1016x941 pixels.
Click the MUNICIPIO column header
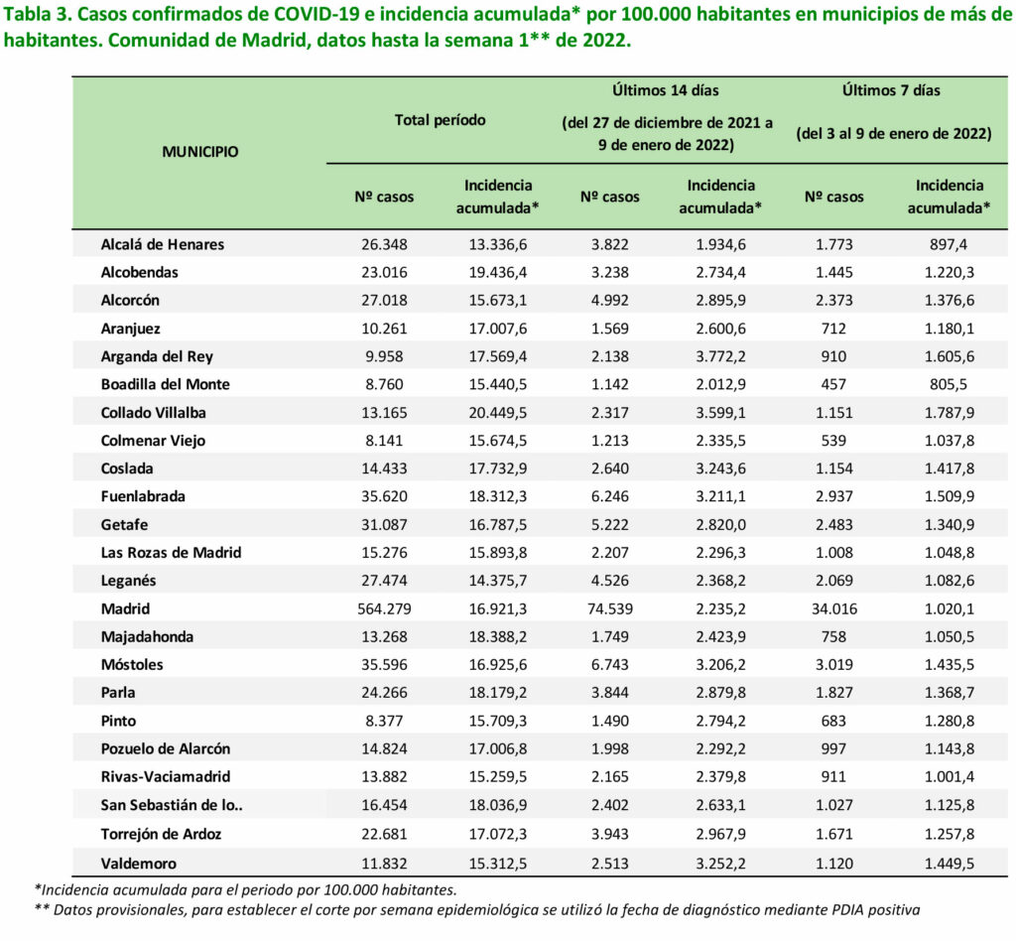pos(200,152)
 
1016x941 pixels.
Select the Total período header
pos(440,120)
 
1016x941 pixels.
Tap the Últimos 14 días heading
pos(666,90)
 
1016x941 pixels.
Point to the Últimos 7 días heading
pos(891,90)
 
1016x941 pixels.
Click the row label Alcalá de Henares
pos(163,244)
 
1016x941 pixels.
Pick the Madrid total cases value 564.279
pos(384,609)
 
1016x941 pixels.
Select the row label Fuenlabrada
pos(143,496)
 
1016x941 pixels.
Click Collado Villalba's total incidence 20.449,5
pos(498,413)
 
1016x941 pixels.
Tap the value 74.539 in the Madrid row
pos(609,609)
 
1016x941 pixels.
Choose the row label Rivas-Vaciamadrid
pos(166,776)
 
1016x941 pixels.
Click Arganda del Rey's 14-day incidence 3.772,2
pos(720,356)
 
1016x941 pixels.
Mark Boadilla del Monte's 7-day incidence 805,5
pos(949,384)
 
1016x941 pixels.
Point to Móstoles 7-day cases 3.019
pos(833,665)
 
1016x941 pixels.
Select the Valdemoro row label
pos(139,864)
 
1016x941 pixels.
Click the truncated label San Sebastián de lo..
pos(172,805)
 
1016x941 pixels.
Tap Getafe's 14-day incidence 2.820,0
pos(720,525)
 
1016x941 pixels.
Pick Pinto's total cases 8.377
pos(384,721)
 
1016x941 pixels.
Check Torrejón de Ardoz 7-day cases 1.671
pos(833,834)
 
